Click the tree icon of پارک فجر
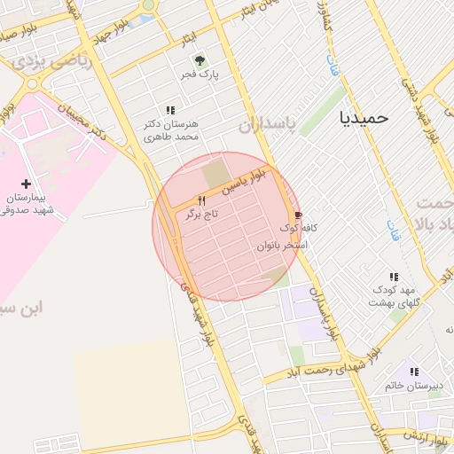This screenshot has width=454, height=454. [200, 60]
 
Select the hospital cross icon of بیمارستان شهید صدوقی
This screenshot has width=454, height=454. [27, 182]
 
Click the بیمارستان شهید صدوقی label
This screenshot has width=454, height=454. [30, 203]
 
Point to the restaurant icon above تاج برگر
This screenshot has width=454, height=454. [201, 200]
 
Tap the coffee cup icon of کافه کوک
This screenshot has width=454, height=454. [298, 215]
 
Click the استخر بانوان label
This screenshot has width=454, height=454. [282, 244]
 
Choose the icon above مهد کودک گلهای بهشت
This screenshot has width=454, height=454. [394, 277]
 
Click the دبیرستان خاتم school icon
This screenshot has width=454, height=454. [413, 372]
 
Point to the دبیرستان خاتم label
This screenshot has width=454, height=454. [409, 387]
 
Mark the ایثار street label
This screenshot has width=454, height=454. [189, 40]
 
